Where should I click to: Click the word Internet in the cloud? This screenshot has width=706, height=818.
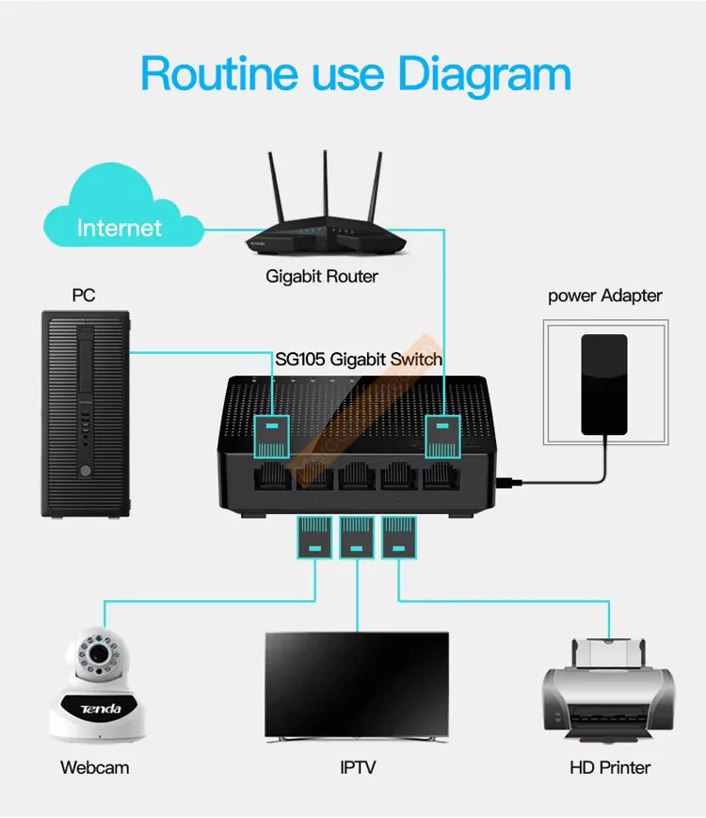coord(120,228)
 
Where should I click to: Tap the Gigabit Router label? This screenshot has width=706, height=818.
coord(322,277)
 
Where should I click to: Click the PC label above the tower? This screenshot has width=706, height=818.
coord(84,296)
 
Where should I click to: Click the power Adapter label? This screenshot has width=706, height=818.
coord(605,296)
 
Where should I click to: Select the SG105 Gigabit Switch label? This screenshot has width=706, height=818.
coord(359,359)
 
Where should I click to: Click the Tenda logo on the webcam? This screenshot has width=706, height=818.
coord(100,708)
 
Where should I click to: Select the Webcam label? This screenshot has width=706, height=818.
coord(95,767)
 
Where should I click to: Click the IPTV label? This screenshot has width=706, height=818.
coord(358,767)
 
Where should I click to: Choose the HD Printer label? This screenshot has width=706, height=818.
coord(610,767)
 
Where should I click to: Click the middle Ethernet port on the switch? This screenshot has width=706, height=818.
coord(358,475)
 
